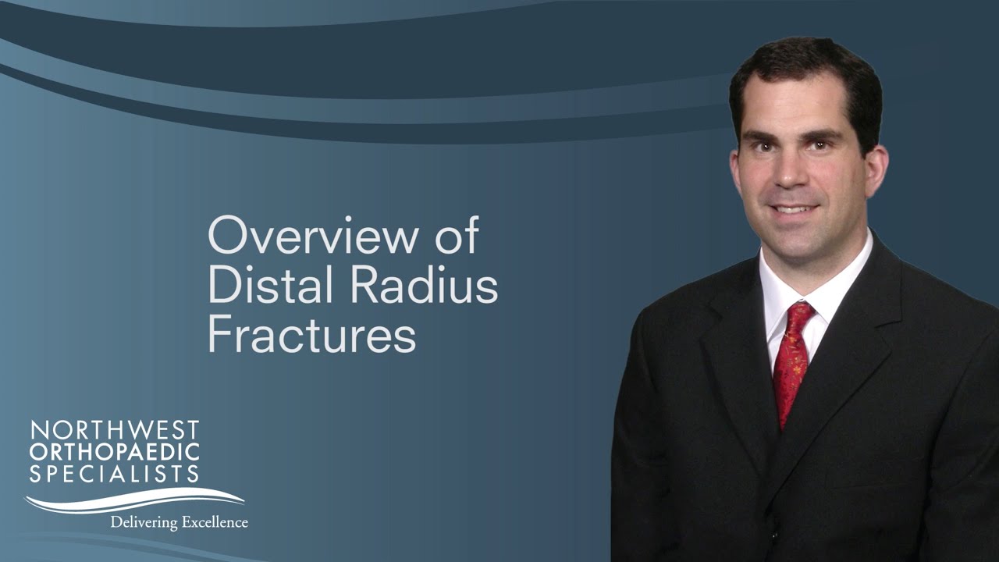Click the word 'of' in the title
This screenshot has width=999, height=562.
pyautogui.click(x=457, y=236)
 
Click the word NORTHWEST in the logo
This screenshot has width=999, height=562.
pyautogui.click(x=115, y=430)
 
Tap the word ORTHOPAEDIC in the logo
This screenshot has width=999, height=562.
pyautogui.click(x=115, y=451)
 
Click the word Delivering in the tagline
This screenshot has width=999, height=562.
pyautogui.click(x=144, y=521)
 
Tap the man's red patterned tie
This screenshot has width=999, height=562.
pyautogui.click(x=790, y=367)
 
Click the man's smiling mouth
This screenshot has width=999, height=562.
pyautogui.click(x=793, y=209)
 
